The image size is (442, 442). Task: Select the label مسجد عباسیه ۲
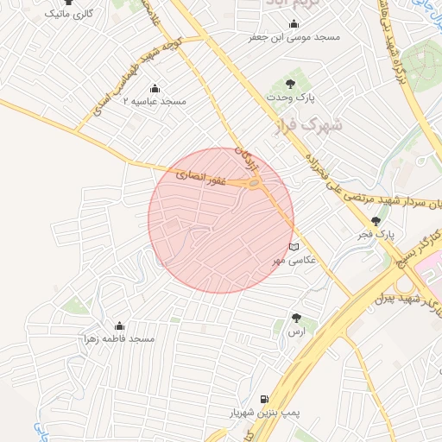coord(155,101)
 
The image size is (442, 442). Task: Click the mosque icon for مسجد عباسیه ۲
coord(155,87)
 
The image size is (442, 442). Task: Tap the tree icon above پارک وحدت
coord(291,84)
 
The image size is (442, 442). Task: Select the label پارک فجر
coord(377,234)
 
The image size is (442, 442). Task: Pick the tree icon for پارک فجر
coord(375,221)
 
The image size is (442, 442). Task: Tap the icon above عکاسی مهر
coord(295,246)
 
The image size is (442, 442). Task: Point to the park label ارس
coord(297,331)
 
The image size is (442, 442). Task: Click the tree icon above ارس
coord(297,318)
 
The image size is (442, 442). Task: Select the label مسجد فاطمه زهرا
coord(119,338)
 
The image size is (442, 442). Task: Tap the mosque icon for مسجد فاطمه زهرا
coord(119,325)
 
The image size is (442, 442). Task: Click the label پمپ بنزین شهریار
coord(264,414)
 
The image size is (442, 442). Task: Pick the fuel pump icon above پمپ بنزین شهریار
coord(263,400)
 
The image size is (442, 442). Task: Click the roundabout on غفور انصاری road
coord(254,183)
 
